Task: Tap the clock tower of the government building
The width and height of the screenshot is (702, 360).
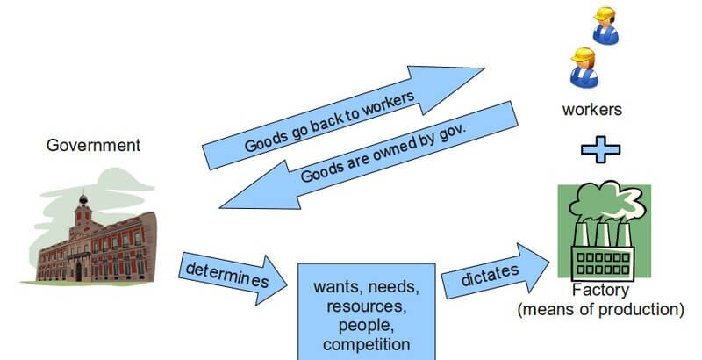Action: (x=82, y=211)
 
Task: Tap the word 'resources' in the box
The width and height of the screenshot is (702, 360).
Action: (x=367, y=306)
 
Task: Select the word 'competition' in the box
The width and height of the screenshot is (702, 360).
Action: (x=367, y=344)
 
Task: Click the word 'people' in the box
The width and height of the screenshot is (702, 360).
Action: (x=367, y=325)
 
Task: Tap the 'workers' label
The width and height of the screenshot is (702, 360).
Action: (x=592, y=111)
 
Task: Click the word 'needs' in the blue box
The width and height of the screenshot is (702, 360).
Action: (x=393, y=287)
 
